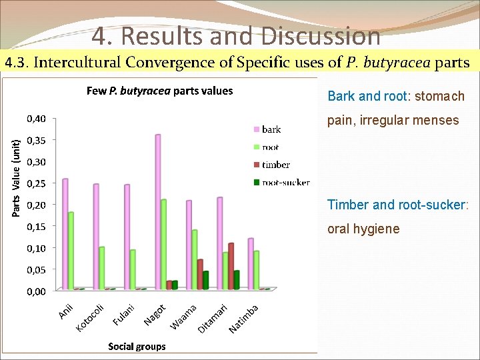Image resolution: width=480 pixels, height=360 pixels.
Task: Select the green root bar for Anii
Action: tap(71, 251)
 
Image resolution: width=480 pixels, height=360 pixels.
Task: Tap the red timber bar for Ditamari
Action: tap(231, 266)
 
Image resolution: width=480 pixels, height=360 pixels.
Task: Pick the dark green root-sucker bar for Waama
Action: tap(206, 280)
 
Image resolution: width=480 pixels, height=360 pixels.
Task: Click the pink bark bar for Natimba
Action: tap(251, 263)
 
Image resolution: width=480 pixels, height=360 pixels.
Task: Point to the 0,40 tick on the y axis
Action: tap(37, 119)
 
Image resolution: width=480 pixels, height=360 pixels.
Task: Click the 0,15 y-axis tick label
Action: tap(37, 227)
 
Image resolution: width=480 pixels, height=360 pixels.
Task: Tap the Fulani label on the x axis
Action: tap(123, 315)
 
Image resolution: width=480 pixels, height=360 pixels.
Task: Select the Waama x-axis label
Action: tap(184, 317)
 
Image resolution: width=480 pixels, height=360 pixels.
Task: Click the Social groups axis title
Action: tap(137, 346)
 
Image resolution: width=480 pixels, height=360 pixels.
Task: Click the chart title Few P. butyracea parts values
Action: tap(160, 91)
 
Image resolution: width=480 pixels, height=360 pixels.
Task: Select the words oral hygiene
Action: tap(363, 229)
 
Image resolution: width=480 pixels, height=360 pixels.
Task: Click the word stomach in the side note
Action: tap(439, 96)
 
